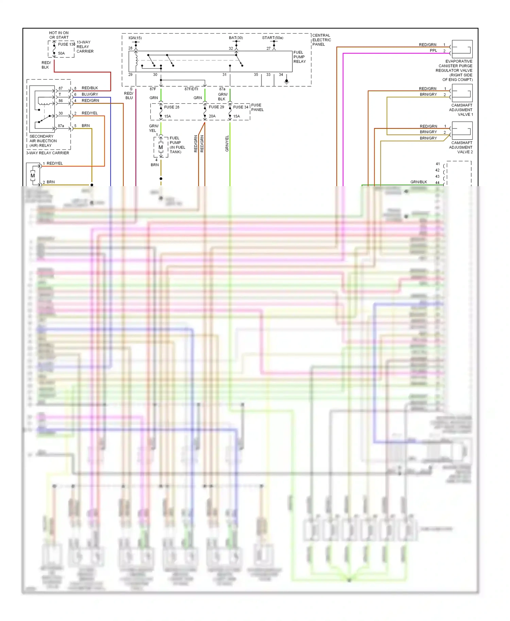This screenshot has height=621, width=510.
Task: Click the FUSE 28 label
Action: (171, 107)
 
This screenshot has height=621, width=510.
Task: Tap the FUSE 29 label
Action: (216, 107)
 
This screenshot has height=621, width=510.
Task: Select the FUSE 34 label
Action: (241, 107)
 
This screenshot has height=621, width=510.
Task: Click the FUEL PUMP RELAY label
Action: (300, 57)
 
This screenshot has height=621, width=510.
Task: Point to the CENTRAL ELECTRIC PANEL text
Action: (321, 40)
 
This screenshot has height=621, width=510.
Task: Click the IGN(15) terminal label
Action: (135, 38)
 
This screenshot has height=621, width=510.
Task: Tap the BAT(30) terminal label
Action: (236, 38)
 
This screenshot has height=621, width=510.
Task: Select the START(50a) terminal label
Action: (272, 38)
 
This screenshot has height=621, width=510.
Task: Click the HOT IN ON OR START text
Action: (59, 35)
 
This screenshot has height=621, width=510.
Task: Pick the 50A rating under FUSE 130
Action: (61, 53)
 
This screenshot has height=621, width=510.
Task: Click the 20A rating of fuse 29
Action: (212, 116)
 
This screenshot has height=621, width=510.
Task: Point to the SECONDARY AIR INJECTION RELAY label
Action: (43, 141)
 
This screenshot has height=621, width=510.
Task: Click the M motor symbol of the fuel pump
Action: (160, 147)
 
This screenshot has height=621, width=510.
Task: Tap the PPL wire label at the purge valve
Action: (433, 51)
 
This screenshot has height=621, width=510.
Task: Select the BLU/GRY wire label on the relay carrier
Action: (90, 94)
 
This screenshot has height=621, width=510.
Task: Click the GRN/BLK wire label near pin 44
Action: (419, 182)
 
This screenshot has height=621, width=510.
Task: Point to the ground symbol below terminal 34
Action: (287, 82)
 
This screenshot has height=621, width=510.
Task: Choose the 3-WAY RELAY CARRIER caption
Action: (48, 153)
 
